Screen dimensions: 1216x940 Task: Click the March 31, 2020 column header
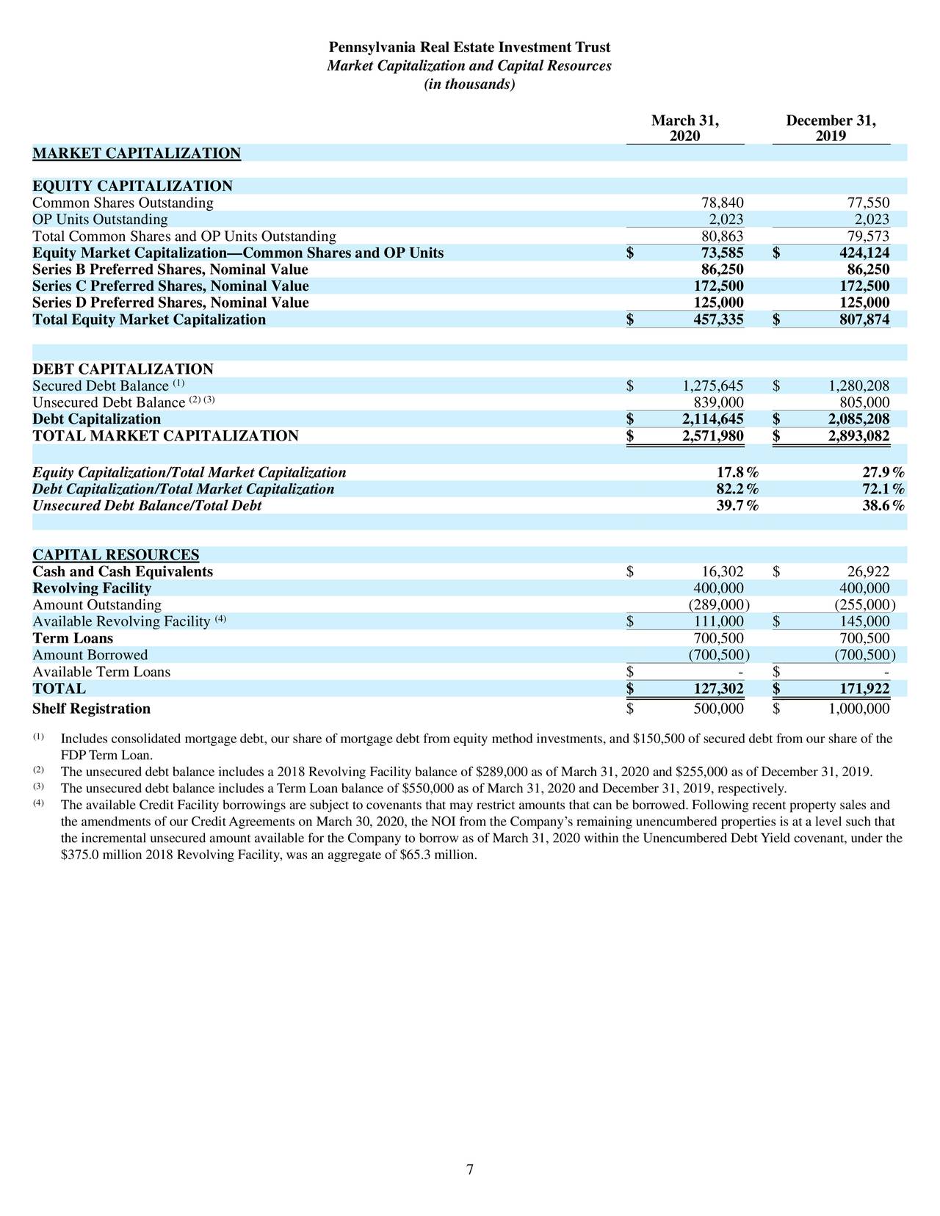pyautogui.click(x=684, y=129)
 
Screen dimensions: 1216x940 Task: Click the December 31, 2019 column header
pyautogui.click(x=831, y=129)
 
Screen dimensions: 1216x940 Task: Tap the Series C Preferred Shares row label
pyautogui.click(x=170, y=286)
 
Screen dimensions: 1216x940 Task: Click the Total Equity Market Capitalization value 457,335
pyautogui.click(x=718, y=320)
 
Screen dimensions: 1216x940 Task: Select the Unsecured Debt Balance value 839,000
pyautogui.click(x=718, y=402)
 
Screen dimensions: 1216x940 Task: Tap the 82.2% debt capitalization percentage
pyautogui.click(x=737, y=489)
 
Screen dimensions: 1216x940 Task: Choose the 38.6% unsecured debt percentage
pyautogui.click(x=883, y=506)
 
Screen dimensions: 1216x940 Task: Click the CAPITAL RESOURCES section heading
pyautogui.click(x=115, y=554)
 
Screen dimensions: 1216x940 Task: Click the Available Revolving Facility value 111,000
pyautogui.click(x=718, y=622)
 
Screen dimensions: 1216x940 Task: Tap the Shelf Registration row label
pyautogui.click(x=91, y=709)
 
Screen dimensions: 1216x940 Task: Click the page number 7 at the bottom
pyautogui.click(x=470, y=1170)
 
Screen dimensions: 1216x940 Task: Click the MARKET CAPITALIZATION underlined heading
pyautogui.click(x=137, y=153)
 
